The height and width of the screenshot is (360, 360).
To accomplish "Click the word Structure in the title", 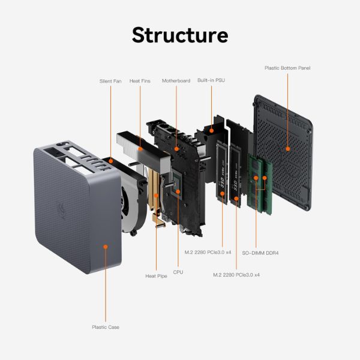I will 180,34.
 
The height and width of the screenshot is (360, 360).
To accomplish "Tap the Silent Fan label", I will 110,81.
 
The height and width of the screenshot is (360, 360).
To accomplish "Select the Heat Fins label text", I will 140,81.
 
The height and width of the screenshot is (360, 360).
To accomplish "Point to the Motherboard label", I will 176,81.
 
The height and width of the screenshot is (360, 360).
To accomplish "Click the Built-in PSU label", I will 211,81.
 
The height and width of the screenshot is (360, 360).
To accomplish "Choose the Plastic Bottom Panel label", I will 287,68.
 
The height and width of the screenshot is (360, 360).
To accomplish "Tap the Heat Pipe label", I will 156,276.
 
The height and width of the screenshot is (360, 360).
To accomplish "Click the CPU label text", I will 178,272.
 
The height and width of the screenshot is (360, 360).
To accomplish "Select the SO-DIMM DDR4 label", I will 260,253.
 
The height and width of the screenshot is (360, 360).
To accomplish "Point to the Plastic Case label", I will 106,327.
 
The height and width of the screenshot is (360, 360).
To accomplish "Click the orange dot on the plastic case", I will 106,247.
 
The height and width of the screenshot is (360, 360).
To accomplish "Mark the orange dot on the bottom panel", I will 287,148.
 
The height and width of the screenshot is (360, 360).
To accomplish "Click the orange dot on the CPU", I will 178,191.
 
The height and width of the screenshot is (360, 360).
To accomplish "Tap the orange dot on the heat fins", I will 140,147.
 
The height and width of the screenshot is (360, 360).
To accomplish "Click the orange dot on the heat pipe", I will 156,195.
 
